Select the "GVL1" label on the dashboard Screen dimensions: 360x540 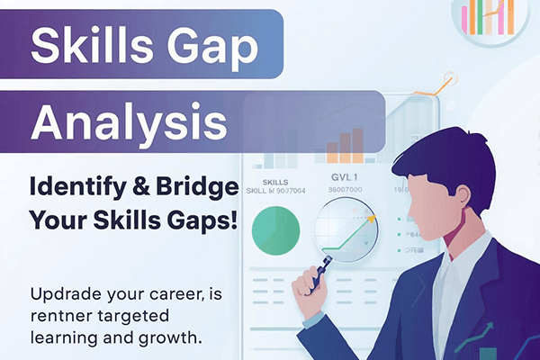point(345,178)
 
